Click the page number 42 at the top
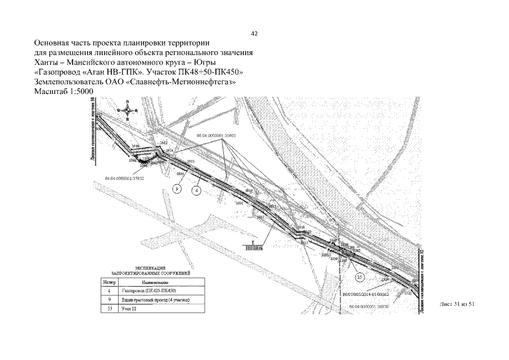tap(254, 34)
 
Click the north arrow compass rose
tap(128, 111)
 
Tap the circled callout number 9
tap(177, 190)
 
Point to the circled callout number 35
tap(361, 277)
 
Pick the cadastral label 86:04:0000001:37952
tap(125, 178)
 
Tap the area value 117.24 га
tap(255, 247)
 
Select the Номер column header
tap(107, 281)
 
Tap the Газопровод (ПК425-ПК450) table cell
tap(148, 291)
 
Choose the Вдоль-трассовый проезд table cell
tap(154, 300)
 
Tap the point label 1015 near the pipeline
tap(191, 161)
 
